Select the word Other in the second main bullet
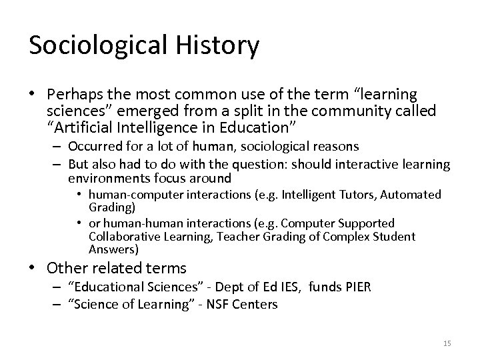(x=67, y=269)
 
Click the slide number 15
(x=447, y=343)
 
